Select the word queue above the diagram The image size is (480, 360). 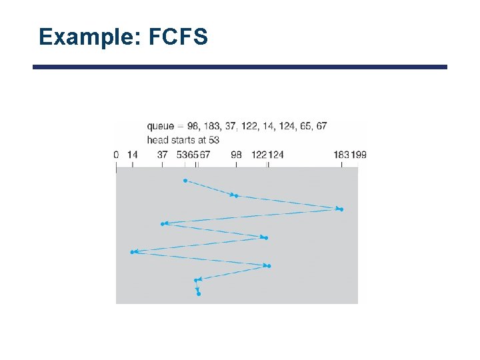161,125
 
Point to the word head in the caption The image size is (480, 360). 157,140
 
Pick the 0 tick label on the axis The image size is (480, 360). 116,155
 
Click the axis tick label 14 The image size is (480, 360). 132,155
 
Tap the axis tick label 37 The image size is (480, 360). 162,155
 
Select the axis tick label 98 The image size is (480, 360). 236,155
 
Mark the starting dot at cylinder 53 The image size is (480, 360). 185,181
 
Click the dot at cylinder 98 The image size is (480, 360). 237,196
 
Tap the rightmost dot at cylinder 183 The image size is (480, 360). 341,209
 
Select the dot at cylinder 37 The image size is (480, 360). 162,224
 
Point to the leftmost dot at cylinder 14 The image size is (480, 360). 133,252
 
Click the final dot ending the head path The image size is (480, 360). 199,294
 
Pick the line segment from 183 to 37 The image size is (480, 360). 253,216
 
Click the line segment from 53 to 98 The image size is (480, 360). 210,188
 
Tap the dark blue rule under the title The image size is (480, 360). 240,67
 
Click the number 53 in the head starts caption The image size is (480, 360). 213,140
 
